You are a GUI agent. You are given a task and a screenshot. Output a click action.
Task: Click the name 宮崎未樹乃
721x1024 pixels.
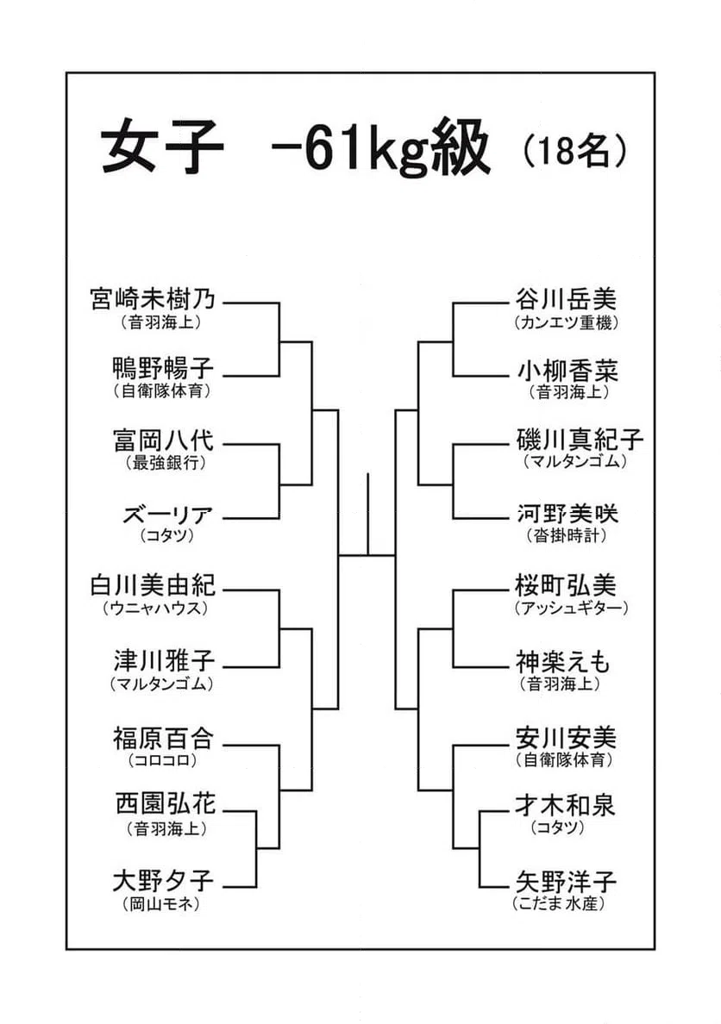(x=153, y=300)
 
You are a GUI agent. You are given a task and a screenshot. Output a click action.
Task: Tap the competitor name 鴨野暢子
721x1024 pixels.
(x=163, y=369)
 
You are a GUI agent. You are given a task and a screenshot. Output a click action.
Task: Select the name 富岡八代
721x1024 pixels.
(x=163, y=440)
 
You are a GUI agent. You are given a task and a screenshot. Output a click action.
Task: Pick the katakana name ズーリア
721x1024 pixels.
(x=168, y=515)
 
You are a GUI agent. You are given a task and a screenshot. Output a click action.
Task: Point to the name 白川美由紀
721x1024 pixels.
(x=153, y=585)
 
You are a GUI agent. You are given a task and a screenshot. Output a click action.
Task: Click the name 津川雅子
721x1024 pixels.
(x=163, y=661)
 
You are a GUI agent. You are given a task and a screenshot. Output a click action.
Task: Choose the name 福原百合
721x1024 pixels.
(x=163, y=738)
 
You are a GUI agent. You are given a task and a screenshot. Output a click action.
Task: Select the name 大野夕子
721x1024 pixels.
(x=163, y=880)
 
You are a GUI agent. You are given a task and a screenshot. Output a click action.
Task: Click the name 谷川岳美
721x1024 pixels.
(x=566, y=299)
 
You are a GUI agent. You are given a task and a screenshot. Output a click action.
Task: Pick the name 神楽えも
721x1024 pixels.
(x=562, y=662)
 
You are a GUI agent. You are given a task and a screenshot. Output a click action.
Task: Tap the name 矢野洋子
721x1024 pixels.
(x=566, y=881)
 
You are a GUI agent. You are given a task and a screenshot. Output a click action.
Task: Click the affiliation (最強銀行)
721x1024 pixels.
(x=166, y=463)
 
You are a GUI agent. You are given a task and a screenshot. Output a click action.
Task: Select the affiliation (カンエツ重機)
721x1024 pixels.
(x=566, y=322)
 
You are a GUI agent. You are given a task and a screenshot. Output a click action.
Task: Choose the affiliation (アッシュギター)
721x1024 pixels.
(x=571, y=608)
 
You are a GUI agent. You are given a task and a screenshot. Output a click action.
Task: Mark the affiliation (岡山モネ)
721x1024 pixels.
(x=160, y=904)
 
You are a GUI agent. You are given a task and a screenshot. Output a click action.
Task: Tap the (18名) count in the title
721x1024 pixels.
(x=574, y=152)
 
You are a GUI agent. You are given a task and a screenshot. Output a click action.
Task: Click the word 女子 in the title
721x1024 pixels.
(x=162, y=147)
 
